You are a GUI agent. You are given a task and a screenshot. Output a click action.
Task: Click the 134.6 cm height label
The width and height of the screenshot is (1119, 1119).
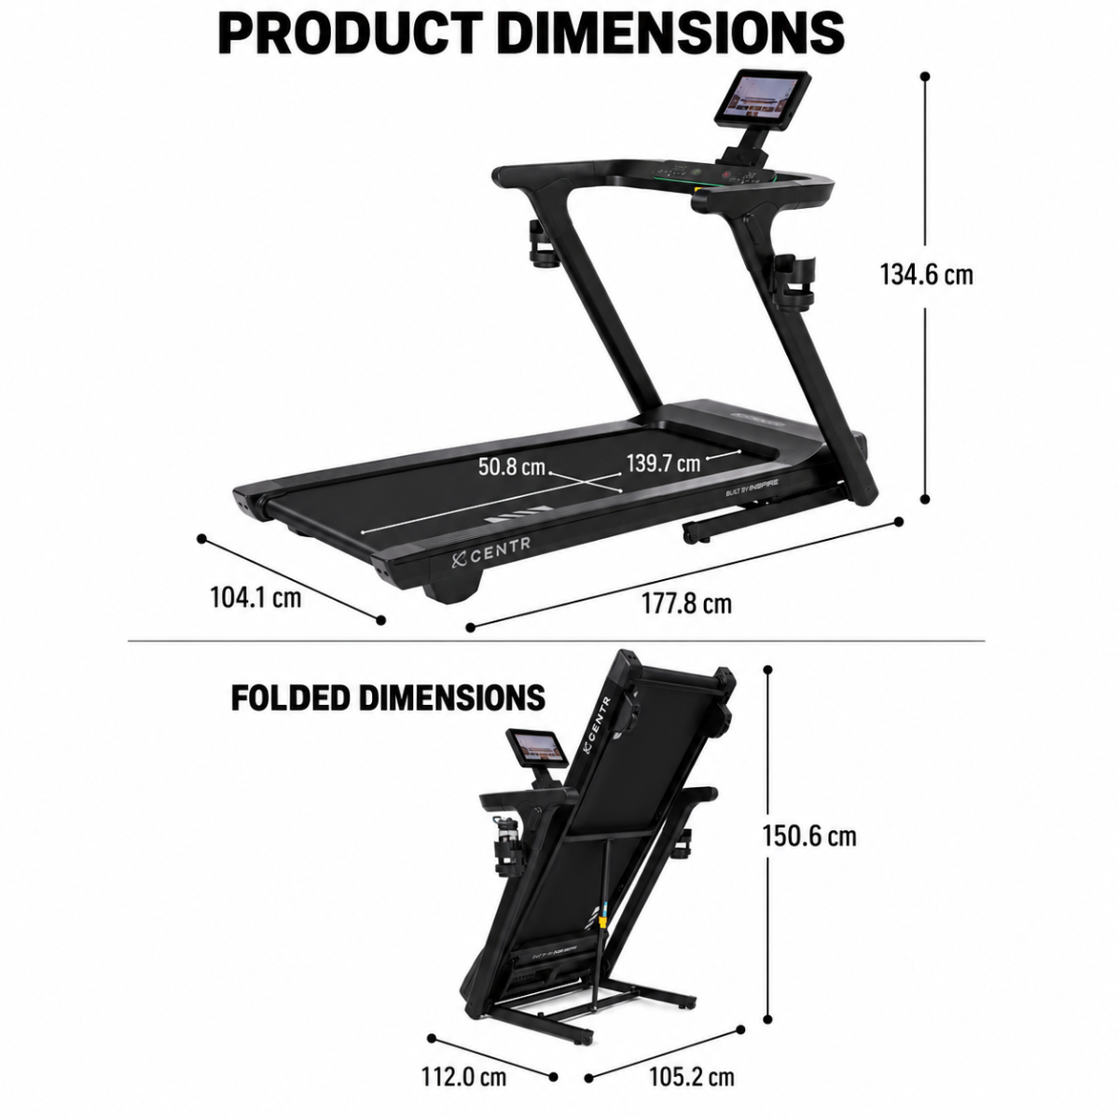tap(926, 275)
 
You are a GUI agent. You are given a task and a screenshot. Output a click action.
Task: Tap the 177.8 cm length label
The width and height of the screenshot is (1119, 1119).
tap(686, 603)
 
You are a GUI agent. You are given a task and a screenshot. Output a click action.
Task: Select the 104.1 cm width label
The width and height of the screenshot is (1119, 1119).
tap(256, 597)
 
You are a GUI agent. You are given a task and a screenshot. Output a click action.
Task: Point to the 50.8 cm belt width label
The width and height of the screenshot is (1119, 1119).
tap(512, 466)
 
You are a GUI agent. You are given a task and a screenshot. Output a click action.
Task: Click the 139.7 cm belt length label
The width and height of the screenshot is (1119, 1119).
tap(663, 463)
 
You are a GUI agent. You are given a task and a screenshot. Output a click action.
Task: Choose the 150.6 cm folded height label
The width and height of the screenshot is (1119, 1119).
tap(808, 836)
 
